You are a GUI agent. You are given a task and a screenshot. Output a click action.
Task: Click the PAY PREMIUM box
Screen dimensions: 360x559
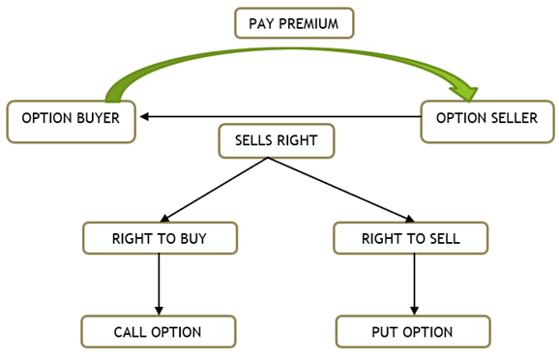(x=294, y=22)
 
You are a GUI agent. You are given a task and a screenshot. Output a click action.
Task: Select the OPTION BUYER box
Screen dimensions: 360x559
(x=71, y=120)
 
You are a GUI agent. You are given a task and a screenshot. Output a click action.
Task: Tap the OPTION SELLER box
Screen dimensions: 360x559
(x=487, y=120)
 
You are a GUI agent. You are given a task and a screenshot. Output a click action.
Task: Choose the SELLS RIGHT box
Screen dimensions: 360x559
(x=276, y=140)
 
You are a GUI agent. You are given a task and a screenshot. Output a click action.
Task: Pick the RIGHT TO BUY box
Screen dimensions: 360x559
(x=160, y=238)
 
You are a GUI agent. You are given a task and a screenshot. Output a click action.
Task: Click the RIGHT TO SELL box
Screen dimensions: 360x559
(x=411, y=238)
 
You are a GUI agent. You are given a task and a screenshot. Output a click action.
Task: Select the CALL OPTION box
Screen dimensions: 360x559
(x=158, y=332)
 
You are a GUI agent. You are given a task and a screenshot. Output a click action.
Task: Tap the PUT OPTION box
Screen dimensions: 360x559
(x=411, y=332)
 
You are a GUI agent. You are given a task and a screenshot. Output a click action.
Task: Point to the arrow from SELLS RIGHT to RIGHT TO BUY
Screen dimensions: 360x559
(x=213, y=190)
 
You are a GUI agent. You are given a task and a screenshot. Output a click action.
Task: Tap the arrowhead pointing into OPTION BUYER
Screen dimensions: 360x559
(x=144, y=117)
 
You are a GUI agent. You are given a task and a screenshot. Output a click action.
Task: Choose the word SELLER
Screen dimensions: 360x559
(x=515, y=120)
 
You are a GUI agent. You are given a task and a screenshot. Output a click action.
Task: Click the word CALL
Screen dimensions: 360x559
(x=132, y=332)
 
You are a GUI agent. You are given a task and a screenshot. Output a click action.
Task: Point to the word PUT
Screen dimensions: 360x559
(x=384, y=332)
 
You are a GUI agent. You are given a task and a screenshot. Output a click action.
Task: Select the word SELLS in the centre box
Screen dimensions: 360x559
(x=255, y=140)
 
